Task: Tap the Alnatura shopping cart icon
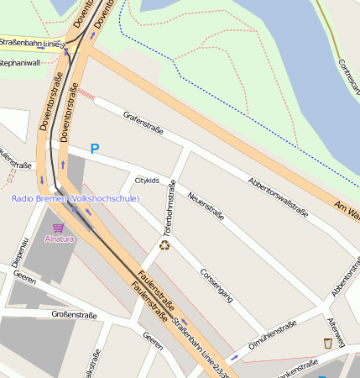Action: [58, 228]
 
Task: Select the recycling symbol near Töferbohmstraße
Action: [165, 245]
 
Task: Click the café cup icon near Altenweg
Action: [328, 342]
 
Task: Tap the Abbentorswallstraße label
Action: [278, 196]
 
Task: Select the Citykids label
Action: [147, 181]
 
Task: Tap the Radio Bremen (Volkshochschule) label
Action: [76, 198]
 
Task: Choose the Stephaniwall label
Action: [19, 62]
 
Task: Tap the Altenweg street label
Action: [336, 333]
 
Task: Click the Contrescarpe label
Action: [349, 76]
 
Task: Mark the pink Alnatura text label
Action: [60, 239]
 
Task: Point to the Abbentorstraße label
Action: [346, 278]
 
